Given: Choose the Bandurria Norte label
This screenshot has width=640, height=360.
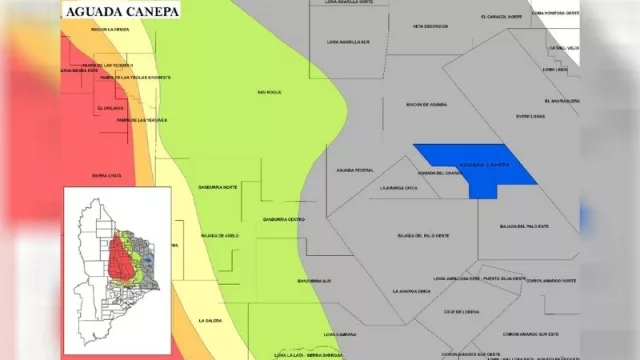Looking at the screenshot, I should point(218,187).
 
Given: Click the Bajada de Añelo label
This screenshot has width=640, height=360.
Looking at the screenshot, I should point(220,236).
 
